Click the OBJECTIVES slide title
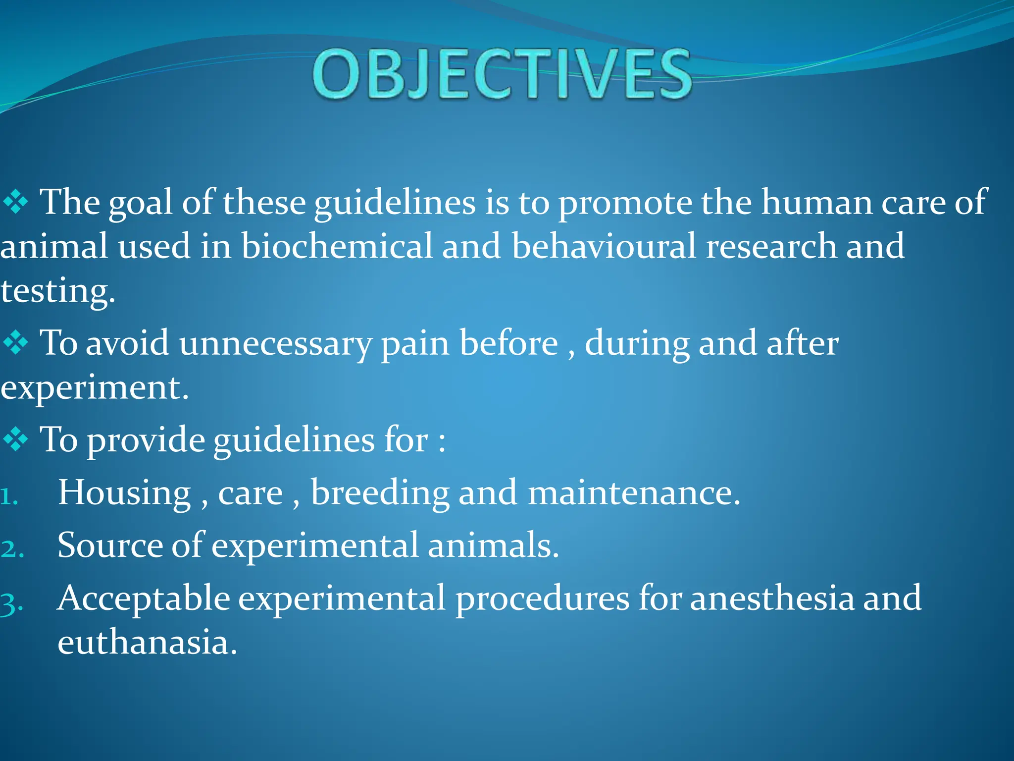point(502,74)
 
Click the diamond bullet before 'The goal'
point(16,203)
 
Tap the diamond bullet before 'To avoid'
point(16,343)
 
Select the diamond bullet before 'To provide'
point(16,439)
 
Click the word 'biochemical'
point(337,246)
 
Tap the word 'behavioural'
point(604,246)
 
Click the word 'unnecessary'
point(275,344)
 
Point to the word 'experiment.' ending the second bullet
point(94,387)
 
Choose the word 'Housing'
point(124,492)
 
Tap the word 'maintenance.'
point(634,493)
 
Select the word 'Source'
point(110,545)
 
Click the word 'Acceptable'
point(144,599)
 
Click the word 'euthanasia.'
point(147,642)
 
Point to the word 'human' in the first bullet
point(816,203)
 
